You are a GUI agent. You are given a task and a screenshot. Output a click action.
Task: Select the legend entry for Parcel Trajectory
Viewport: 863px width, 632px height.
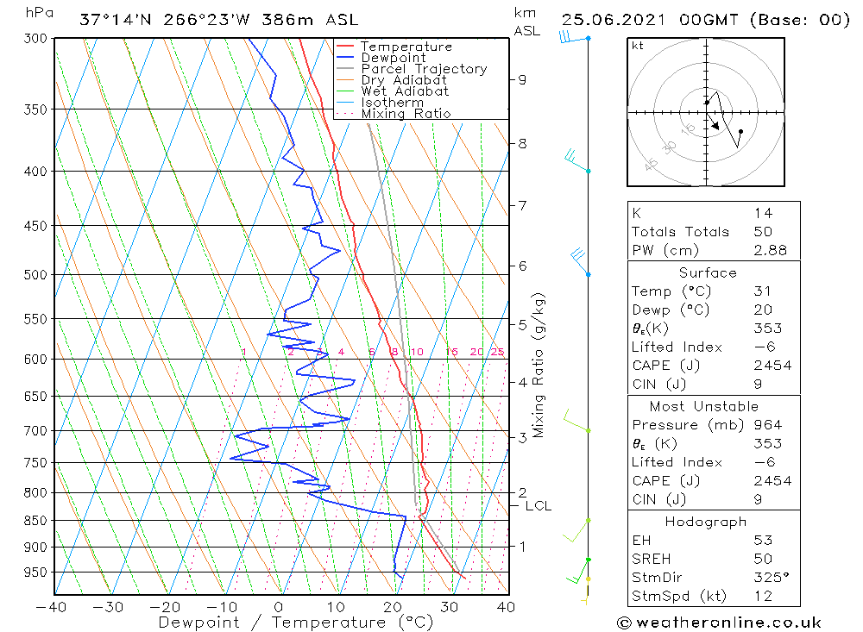tap(424, 69)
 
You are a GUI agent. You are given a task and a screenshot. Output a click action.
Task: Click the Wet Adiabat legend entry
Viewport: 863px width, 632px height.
tap(405, 91)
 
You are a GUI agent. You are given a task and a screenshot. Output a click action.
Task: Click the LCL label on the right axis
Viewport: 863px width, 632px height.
tap(538, 506)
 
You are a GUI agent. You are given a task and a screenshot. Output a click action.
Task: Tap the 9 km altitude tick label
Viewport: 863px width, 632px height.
tap(522, 79)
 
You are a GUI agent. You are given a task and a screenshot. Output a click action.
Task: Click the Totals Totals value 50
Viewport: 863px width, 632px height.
tap(763, 231)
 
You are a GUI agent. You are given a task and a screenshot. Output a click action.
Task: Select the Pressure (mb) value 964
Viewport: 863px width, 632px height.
tap(767, 425)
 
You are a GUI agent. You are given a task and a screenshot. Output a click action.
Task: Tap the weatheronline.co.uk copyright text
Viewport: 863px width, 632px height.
tap(719, 623)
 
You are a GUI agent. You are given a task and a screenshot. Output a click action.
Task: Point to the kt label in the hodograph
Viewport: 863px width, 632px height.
tap(638, 46)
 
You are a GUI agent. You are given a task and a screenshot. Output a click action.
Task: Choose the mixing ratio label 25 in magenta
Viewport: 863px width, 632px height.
tap(497, 352)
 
